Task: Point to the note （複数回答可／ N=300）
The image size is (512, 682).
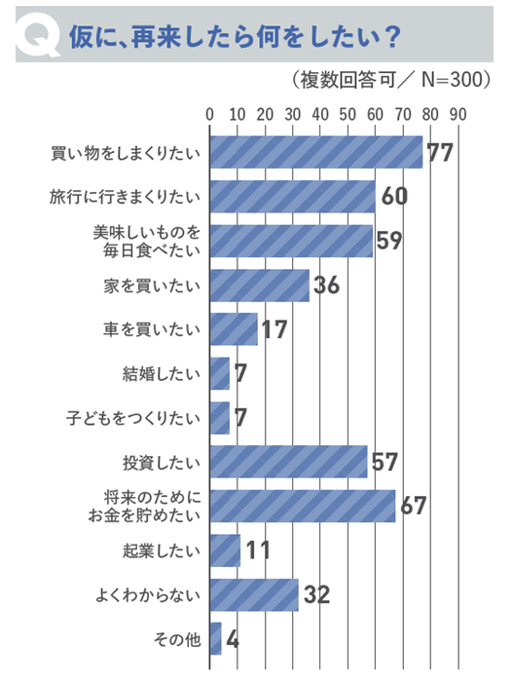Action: tap(388, 80)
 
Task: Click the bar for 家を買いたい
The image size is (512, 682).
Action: tap(259, 284)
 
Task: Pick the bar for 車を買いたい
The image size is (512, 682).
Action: tap(234, 329)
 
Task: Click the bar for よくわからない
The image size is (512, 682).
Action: tap(254, 594)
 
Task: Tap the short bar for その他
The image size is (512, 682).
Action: tap(215, 639)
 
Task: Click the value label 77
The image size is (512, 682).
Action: tap(441, 153)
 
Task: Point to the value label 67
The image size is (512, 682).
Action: tap(414, 507)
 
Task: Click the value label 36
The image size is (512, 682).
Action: tap(327, 285)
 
